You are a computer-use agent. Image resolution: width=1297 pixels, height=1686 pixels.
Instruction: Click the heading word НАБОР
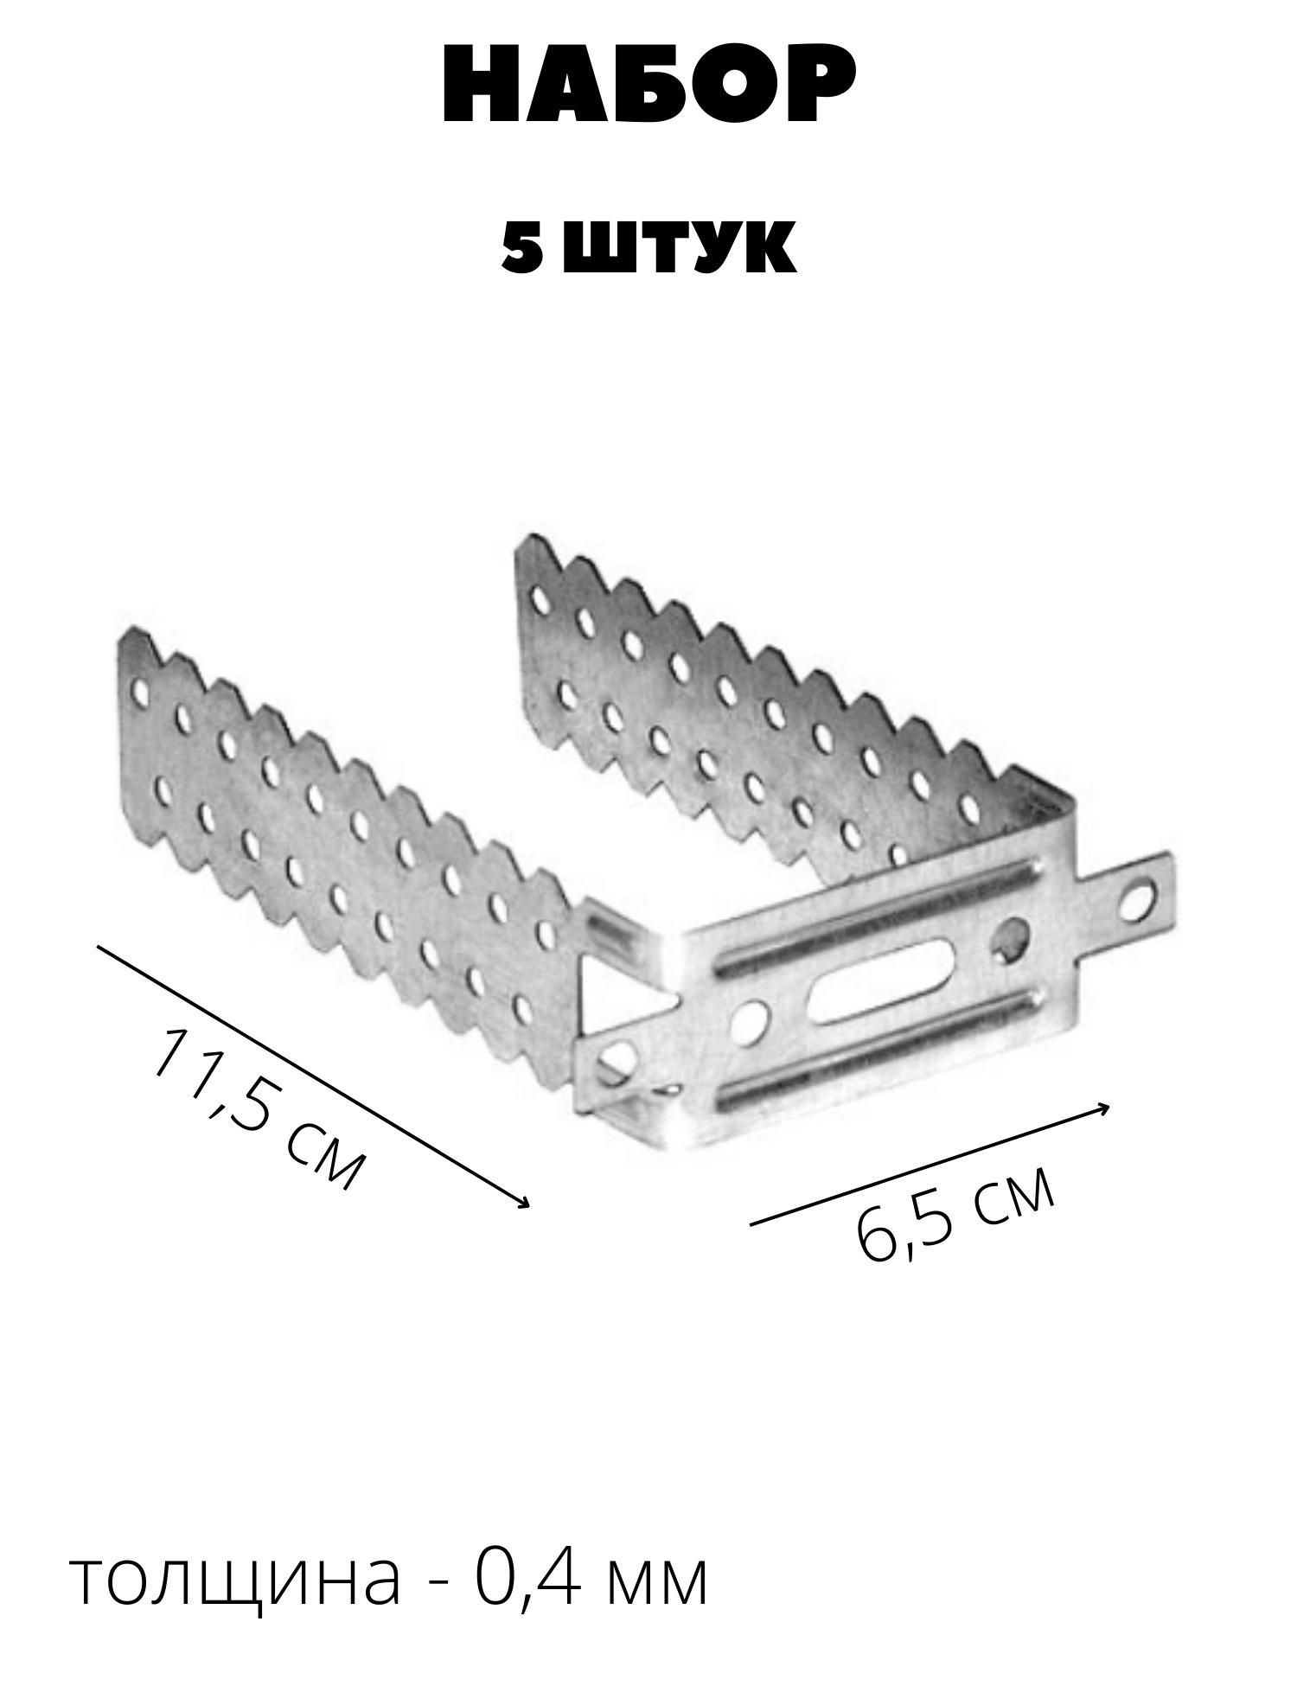tap(648, 87)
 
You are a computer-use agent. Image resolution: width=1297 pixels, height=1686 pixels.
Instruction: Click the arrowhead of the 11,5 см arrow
tap(524, 1204)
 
